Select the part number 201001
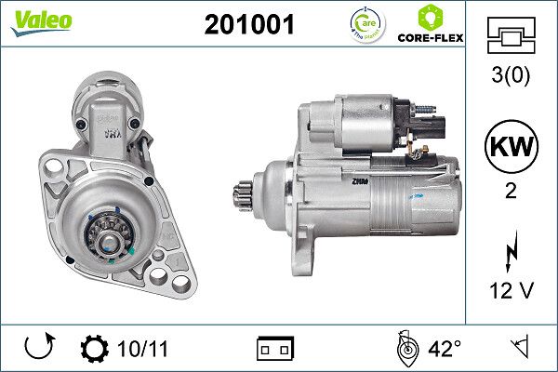pos(248,25)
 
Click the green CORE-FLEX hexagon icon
pos(431,17)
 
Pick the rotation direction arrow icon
pos(40,349)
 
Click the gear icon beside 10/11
pos(95,349)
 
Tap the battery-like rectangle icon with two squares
pos(275,349)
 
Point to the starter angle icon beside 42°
pos(404,349)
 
